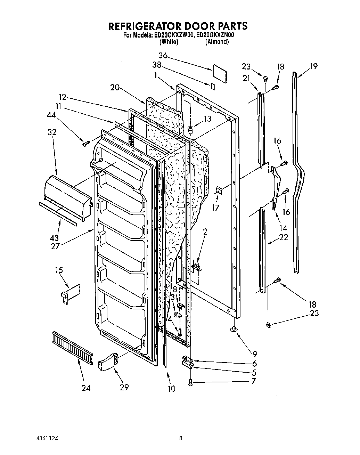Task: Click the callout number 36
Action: [163, 56]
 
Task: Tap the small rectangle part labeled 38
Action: [213, 87]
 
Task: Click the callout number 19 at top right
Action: [313, 66]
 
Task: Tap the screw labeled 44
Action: [84, 143]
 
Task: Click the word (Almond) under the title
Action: [217, 42]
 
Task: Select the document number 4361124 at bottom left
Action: [43, 438]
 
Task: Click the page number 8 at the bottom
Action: [181, 438]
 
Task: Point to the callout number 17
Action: [216, 208]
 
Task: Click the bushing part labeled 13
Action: [190, 130]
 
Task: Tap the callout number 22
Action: [283, 237]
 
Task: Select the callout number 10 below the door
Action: [171, 388]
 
